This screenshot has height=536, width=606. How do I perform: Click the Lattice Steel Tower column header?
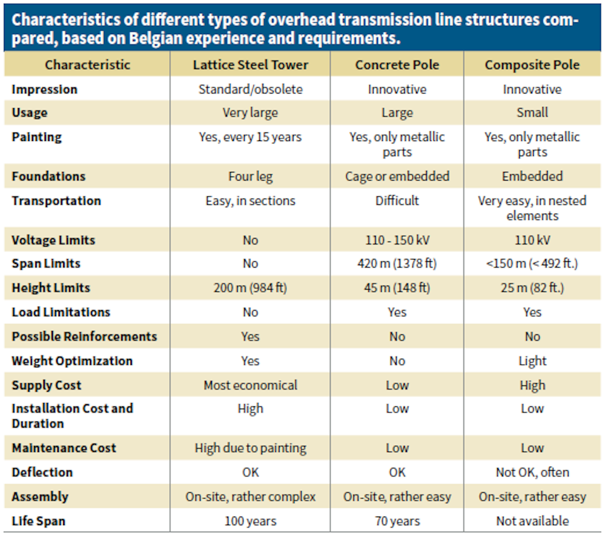tap(250, 65)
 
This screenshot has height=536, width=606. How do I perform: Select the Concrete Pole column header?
tap(397, 65)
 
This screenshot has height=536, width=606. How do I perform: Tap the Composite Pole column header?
tap(532, 65)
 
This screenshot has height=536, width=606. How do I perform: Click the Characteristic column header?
tap(88, 65)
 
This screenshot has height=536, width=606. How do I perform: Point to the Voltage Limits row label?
tap(53, 240)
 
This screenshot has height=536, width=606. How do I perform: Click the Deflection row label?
tap(42, 472)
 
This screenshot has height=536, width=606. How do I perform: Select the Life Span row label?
tap(38, 521)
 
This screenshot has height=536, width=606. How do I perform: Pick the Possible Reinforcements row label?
tap(84, 337)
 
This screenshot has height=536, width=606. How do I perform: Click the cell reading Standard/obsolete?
tap(250, 89)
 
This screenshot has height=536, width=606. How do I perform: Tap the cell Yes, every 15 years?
tap(250, 137)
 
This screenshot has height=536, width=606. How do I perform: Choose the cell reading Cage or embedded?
tap(397, 176)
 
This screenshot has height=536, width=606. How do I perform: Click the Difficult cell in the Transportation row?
tap(397, 201)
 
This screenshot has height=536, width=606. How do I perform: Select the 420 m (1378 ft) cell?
tap(397, 264)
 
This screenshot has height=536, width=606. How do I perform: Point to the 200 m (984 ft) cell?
tap(250, 288)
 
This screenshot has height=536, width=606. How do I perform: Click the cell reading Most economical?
tap(250, 385)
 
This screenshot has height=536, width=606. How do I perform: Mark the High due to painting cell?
tap(250, 448)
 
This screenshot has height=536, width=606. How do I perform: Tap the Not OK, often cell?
tap(532, 472)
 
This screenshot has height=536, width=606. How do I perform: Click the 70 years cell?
tap(397, 521)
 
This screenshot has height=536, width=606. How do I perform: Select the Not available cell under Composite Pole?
tap(532, 521)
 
